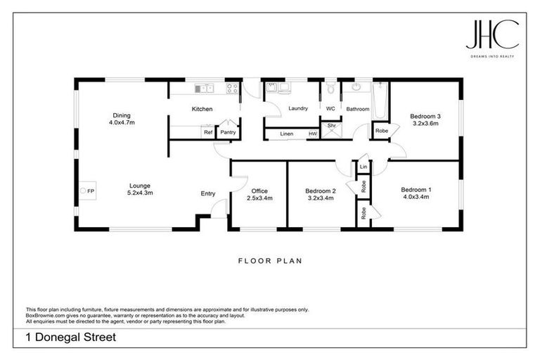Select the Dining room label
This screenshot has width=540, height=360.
point(122,116)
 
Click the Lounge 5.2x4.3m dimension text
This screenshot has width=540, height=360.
point(140,193)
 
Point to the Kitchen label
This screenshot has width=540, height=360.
point(202,109)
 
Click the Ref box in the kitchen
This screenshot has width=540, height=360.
point(207,132)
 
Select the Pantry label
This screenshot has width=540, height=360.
point(228,132)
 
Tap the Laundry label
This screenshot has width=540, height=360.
point(299,108)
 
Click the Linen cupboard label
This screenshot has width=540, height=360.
point(286,134)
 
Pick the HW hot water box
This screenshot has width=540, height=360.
point(313,134)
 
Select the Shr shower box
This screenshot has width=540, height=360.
point(332,127)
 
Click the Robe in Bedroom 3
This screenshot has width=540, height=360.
point(380,131)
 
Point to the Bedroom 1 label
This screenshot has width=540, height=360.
point(415,189)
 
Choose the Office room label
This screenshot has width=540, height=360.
point(260,191)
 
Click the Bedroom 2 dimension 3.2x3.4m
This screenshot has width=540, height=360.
point(320,198)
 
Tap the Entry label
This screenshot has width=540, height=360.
point(208,193)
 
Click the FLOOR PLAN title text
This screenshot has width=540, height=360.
point(270,261)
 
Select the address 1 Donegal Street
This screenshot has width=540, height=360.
point(71,337)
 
